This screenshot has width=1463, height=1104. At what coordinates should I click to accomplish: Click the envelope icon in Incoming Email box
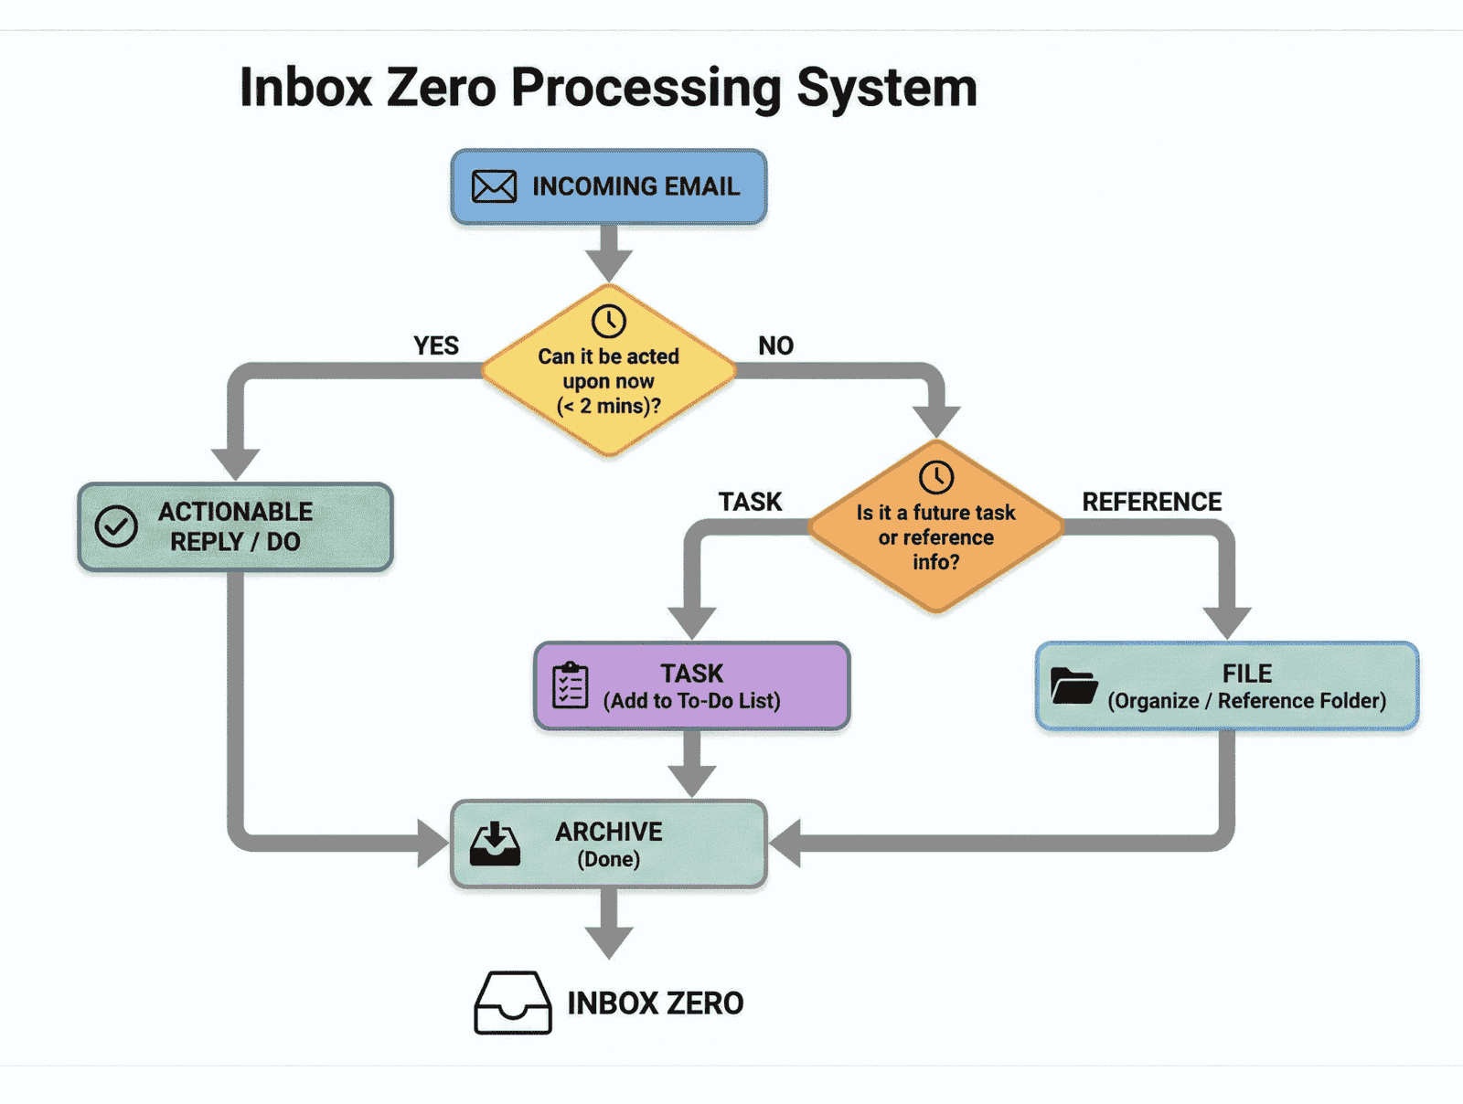(494, 186)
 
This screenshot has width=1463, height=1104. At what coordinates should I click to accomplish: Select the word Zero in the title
(443, 88)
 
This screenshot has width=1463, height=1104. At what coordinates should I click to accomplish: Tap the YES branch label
(436, 345)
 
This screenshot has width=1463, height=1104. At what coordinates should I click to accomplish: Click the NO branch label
(775, 345)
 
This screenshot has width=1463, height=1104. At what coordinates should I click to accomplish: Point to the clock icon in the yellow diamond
(608, 321)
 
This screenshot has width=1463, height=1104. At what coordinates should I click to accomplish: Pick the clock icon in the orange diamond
(936, 477)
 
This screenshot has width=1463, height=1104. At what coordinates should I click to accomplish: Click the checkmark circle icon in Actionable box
(116, 526)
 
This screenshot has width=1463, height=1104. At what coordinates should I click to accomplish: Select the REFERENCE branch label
(1151, 502)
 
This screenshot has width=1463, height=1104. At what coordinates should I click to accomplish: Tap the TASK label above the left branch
(750, 502)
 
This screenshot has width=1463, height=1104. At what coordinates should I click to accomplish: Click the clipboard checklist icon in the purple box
(571, 685)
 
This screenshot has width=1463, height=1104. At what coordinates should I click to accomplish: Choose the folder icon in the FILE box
(1073, 685)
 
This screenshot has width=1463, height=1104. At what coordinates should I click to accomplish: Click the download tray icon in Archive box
(495, 844)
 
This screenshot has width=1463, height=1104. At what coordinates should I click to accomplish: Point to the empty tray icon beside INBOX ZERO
(513, 1003)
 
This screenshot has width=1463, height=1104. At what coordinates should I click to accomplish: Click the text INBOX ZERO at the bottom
(655, 1003)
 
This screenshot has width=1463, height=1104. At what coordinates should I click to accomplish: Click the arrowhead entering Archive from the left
(432, 843)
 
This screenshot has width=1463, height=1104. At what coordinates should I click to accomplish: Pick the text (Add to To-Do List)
(692, 701)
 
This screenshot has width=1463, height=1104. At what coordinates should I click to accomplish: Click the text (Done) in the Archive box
(609, 859)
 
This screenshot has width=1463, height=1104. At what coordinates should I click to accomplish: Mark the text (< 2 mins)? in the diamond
(609, 406)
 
